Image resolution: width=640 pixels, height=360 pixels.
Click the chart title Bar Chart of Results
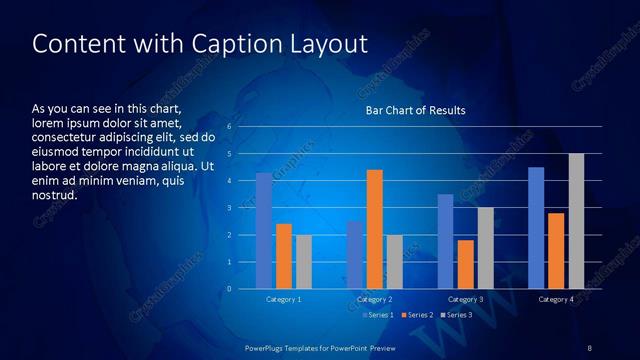coord(415,110)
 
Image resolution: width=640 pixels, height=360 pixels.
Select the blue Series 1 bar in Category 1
coord(263,231)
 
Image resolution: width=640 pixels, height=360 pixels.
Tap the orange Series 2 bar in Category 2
coord(374,229)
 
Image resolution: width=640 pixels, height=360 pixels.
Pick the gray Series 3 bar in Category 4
coord(576,221)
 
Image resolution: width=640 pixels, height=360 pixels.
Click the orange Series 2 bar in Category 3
coord(465,264)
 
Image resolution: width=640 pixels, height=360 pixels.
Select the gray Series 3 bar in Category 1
coord(303,262)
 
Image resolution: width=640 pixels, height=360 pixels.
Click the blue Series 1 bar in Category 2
coord(354,255)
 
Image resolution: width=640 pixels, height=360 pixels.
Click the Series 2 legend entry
coord(418,315)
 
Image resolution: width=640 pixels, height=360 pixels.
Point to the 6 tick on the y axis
coord(229,127)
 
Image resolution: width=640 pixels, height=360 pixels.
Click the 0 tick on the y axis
coord(229,289)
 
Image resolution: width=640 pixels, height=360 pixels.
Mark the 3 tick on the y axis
coord(229,208)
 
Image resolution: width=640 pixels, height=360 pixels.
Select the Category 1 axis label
coord(283,299)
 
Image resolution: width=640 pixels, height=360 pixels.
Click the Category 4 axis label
coord(556,299)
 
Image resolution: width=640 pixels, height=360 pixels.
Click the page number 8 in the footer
coord(589,347)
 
